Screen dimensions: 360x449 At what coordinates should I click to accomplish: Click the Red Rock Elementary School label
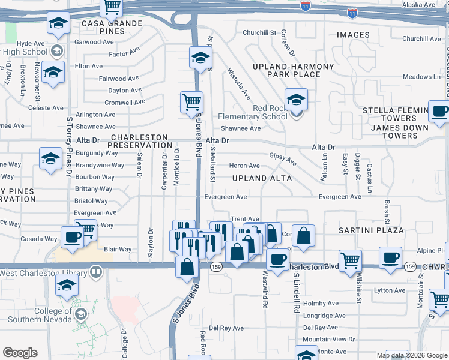(x=253, y=112)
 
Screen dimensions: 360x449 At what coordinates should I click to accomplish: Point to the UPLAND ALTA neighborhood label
(x=262, y=178)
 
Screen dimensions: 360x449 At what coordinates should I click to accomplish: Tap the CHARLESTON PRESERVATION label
(x=142, y=141)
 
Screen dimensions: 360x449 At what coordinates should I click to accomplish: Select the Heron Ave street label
(x=244, y=166)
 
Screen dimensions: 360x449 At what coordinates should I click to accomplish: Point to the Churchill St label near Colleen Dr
(x=259, y=32)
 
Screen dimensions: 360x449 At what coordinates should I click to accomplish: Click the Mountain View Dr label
(x=329, y=339)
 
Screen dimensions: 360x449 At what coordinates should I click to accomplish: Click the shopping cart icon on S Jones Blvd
(x=191, y=101)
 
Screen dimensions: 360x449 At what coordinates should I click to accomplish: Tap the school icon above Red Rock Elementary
(x=296, y=99)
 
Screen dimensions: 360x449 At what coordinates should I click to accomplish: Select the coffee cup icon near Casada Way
(x=71, y=236)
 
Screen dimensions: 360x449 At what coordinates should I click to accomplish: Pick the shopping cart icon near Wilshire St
(x=350, y=260)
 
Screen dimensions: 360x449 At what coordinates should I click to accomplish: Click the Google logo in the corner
(x=20, y=353)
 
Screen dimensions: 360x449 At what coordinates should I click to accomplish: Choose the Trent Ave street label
(x=245, y=220)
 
